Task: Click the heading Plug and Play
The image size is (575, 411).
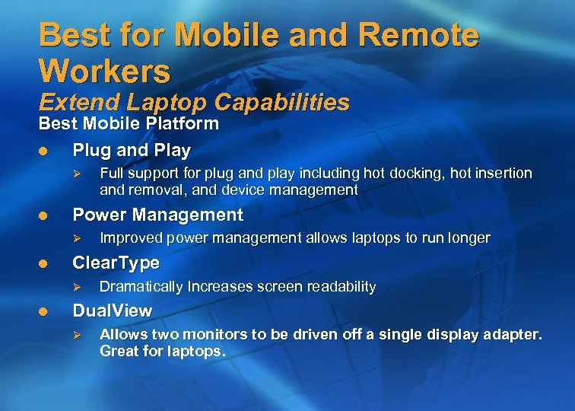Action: (132, 150)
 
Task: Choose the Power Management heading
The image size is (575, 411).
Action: (157, 215)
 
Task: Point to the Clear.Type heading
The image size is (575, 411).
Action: (116, 263)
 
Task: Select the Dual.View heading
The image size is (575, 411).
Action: (112, 311)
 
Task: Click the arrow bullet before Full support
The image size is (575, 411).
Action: (75, 174)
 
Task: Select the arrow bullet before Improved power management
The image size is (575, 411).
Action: (75, 238)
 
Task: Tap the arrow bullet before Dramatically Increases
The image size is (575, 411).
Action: (75, 287)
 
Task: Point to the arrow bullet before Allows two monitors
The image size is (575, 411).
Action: (75, 335)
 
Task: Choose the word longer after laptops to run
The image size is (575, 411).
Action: (469, 238)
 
